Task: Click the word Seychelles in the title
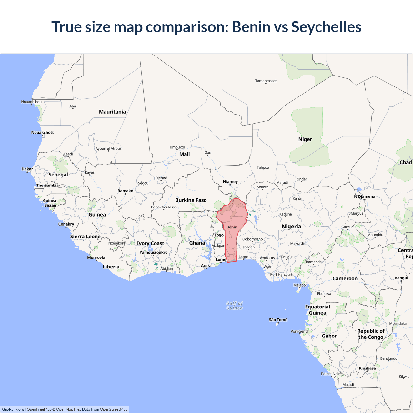coord(326,27)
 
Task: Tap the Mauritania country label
coord(112,112)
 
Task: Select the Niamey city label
coord(230,182)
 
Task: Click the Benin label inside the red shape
coord(232,227)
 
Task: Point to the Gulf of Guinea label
coord(235,306)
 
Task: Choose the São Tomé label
coord(278,320)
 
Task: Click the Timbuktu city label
coord(177,147)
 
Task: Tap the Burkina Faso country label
coord(191,200)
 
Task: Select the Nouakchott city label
coord(43,132)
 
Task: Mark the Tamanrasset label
coord(266,81)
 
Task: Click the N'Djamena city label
coord(365,196)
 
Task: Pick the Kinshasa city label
coord(367,368)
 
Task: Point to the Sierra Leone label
coord(86,237)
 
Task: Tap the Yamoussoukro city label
coord(154,252)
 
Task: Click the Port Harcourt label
coord(281,274)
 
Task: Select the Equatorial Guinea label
coord(317,310)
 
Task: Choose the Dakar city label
coord(27,169)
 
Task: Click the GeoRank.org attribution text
coord(13,409)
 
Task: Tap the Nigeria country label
coord(291,227)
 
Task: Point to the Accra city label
coord(206,266)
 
